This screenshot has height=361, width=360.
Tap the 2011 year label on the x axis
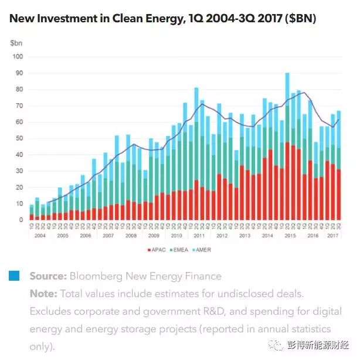point(200,235)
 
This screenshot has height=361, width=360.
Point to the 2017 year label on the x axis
point(334,235)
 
